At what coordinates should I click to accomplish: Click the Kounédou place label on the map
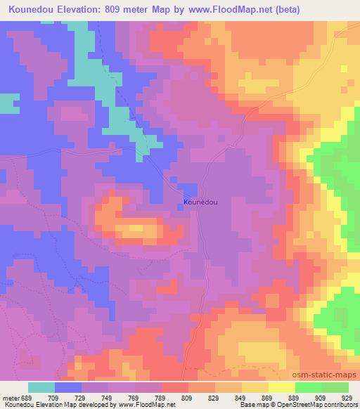[x=200, y=202]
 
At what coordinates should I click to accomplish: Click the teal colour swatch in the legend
[x=41, y=387]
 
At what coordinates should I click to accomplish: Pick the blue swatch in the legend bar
[x=68, y=387]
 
